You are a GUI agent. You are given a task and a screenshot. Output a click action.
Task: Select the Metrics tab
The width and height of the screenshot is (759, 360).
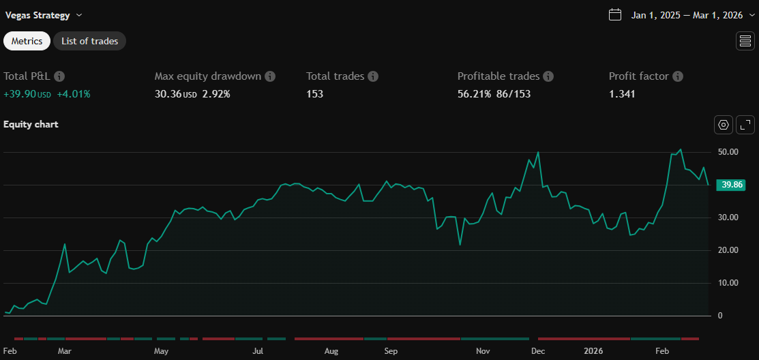[x=27, y=41]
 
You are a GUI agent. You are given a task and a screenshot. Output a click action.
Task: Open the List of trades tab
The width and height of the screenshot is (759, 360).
[x=89, y=41]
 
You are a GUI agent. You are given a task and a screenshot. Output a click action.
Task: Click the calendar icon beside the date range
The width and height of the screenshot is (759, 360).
[x=615, y=15]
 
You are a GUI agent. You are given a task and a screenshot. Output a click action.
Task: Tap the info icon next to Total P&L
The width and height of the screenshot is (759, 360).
[x=59, y=76]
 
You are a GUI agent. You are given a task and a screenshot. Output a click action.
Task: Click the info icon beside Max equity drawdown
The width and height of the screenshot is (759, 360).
[x=270, y=76]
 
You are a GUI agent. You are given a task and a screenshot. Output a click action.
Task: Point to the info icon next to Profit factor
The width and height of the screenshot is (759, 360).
[x=678, y=76]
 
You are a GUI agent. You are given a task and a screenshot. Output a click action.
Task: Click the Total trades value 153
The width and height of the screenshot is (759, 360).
[x=314, y=93]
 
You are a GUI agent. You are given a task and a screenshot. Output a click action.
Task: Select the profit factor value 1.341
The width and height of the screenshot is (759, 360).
[x=622, y=93]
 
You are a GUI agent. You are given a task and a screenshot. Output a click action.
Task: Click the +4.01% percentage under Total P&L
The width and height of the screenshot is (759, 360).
[x=74, y=93]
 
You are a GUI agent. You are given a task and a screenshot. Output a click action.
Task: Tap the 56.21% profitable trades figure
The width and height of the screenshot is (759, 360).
[x=474, y=93]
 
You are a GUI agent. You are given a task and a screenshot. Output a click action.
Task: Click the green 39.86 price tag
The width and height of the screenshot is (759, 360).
[x=730, y=185]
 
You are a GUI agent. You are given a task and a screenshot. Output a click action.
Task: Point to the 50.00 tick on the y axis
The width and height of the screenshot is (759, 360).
[x=729, y=152]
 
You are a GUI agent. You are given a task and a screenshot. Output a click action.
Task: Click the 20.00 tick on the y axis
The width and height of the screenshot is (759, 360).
[x=729, y=250]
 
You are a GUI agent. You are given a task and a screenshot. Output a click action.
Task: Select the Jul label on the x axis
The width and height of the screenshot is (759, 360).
[x=258, y=351]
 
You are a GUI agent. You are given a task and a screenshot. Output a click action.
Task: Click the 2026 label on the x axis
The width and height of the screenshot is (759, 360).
[x=593, y=351]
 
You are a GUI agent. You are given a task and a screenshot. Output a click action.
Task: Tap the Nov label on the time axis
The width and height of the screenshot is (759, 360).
[x=483, y=351]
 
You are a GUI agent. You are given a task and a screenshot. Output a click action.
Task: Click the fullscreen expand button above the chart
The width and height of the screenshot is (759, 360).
[x=745, y=125]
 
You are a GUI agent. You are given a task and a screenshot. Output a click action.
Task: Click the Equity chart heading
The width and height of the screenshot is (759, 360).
[x=31, y=124]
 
